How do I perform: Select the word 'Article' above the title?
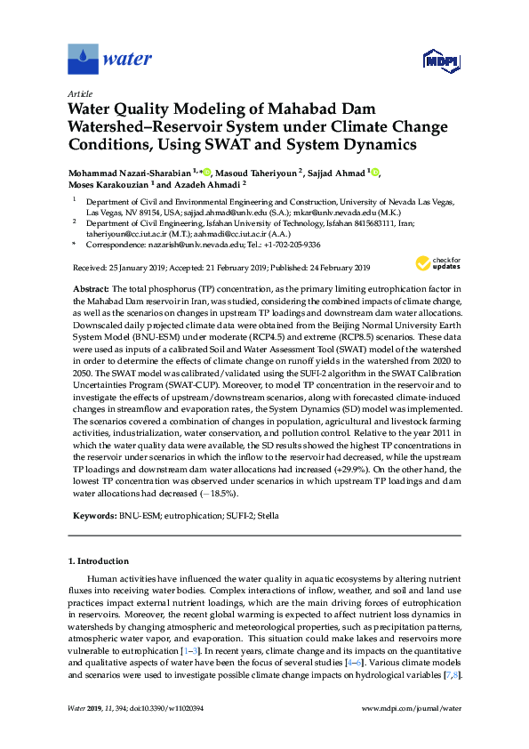coord(79,93)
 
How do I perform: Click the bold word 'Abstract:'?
coord(92,290)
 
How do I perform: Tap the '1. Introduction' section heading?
coord(99,561)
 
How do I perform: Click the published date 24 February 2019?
coord(319,267)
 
